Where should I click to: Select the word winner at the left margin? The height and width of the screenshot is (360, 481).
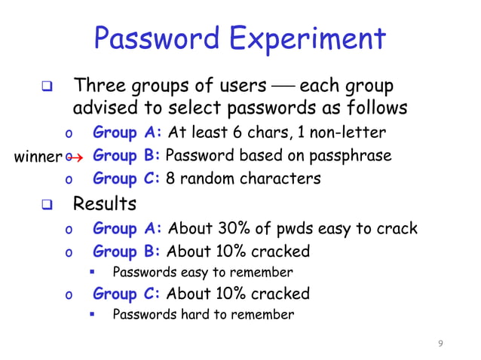(x=38, y=157)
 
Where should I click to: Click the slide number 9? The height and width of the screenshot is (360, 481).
(x=441, y=344)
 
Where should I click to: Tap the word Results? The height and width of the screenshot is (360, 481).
(x=105, y=203)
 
